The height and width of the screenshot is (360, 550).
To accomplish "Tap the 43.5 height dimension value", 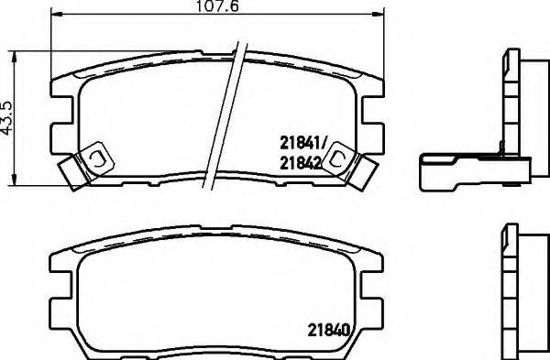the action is click(6, 117).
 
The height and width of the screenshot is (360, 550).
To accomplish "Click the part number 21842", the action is click(301, 163).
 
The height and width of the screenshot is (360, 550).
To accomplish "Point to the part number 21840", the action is click(329, 330).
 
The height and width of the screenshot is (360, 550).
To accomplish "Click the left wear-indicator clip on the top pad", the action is click(87, 164).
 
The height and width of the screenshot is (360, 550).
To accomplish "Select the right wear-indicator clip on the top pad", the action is click(349, 165).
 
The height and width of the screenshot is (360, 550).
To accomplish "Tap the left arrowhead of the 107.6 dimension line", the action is click(57, 14).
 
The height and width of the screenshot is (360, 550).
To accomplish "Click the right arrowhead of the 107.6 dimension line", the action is click(379, 14).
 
